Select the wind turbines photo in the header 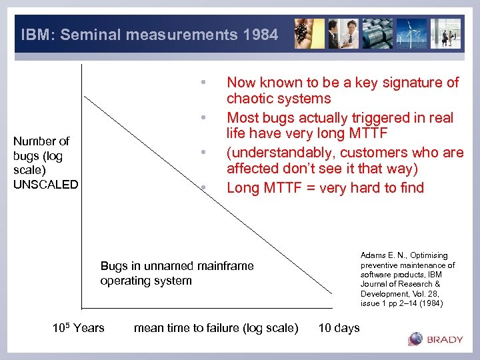click(x=412, y=33)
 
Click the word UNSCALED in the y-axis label click(x=46, y=185)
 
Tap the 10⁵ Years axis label click(x=78, y=327)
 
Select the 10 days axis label click(x=339, y=327)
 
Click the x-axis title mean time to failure click(x=215, y=327)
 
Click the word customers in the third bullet click(x=379, y=152)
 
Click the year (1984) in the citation click(x=429, y=303)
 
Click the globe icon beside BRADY click(x=415, y=339)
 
